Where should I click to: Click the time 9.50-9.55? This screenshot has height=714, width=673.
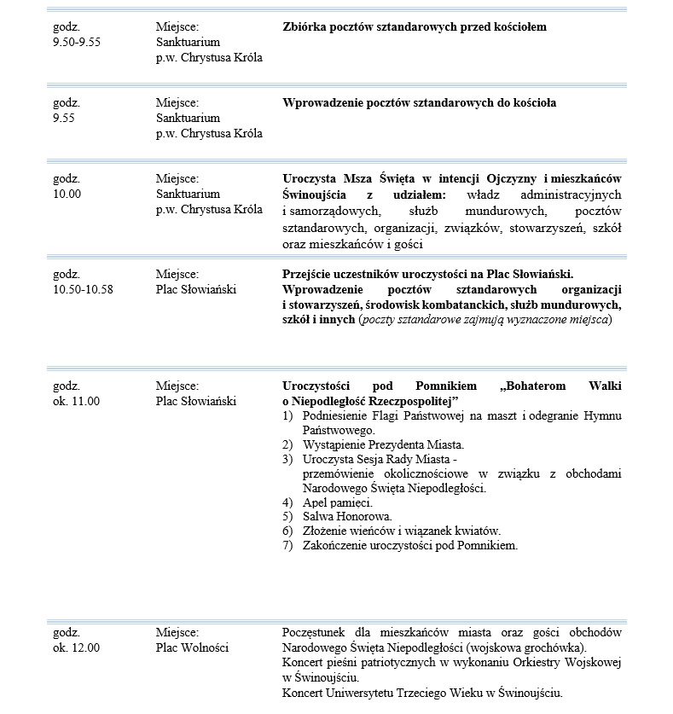point(77,41)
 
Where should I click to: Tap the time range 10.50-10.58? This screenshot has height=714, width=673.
point(83,289)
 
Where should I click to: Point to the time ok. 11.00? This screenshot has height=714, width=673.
point(76,401)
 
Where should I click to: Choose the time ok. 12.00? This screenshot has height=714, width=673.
point(76,647)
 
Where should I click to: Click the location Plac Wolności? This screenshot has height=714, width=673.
point(192,647)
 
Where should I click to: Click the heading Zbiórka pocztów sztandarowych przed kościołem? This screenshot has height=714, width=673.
point(414,26)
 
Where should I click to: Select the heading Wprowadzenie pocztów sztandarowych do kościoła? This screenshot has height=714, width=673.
point(419,102)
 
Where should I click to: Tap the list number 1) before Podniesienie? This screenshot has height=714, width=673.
point(287,415)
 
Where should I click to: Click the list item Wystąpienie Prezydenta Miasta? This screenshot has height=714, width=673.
point(383,445)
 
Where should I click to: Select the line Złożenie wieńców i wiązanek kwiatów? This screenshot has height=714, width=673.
point(402,531)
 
